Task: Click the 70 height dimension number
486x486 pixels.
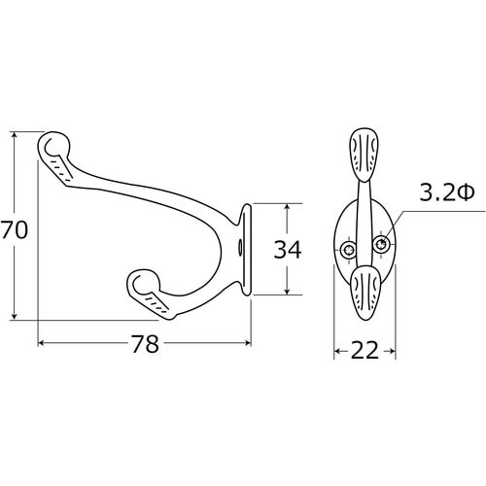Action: (x=14, y=229)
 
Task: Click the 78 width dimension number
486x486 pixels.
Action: (x=145, y=343)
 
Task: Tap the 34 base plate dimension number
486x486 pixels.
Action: (x=288, y=250)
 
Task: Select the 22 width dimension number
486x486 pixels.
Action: (x=364, y=350)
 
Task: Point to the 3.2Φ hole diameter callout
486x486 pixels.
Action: (x=447, y=191)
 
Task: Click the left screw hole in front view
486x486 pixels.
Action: (x=349, y=250)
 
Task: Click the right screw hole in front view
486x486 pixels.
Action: (x=381, y=244)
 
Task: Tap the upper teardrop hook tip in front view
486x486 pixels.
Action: (x=364, y=155)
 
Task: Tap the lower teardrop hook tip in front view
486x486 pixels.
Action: (x=364, y=293)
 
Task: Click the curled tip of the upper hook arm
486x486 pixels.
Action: (x=53, y=147)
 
